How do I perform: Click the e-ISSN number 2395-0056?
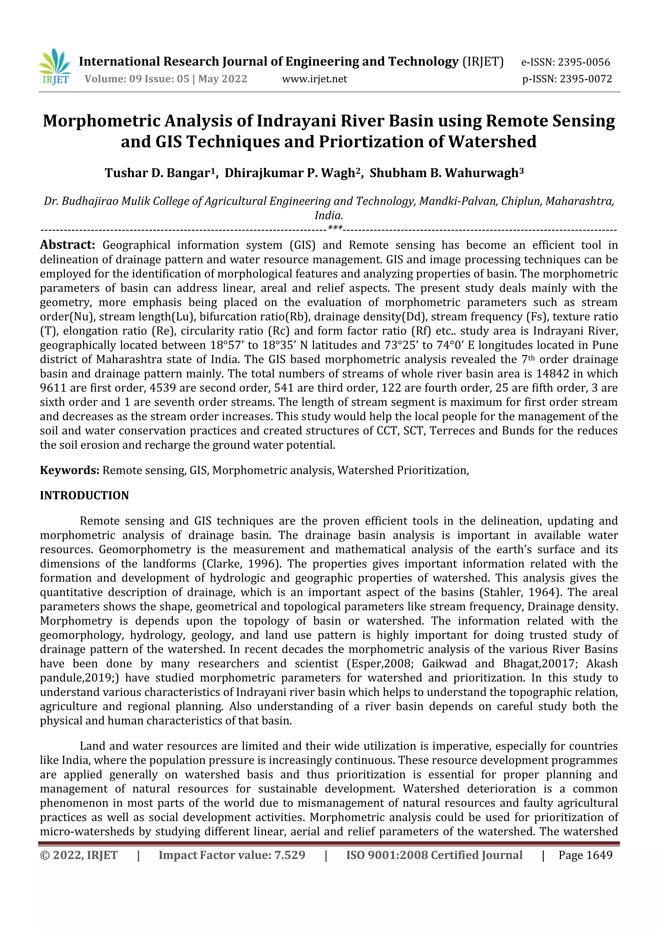click(584, 62)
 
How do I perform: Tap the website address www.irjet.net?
click(315, 79)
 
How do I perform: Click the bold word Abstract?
click(67, 245)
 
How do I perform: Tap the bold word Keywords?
click(69, 470)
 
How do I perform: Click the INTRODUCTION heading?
click(84, 495)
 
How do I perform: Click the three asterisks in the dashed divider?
click(335, 228)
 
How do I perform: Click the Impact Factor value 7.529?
click(290, 855)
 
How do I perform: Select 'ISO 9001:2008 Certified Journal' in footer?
click(434, 855)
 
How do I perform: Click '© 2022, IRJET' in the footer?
click(79, 855)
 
